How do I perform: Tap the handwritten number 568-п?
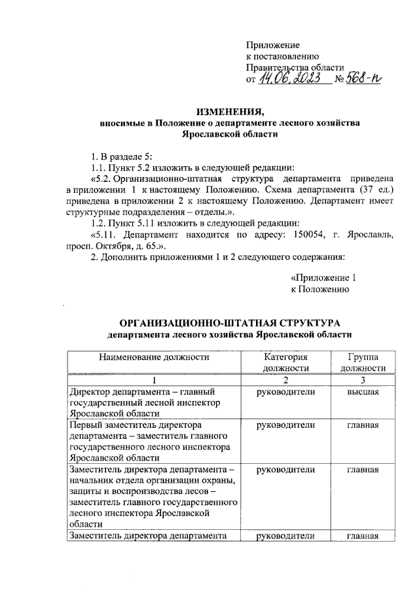coord(365,79)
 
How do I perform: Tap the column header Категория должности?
coord(285,362)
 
